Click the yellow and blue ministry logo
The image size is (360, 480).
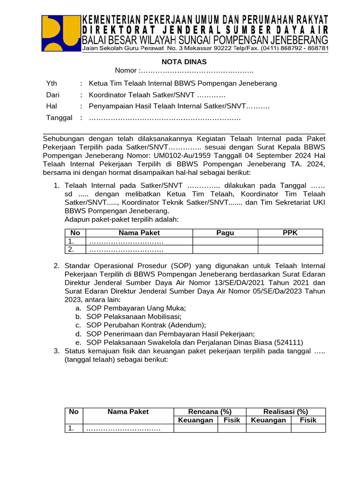pos(60,33)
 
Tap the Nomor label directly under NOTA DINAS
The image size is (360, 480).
pos(126,70)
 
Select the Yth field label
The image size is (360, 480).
pos(51,83)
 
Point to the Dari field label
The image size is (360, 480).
pos(52,95)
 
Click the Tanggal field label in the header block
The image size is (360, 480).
pos(59,118)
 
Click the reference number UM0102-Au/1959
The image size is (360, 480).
pos(177,156)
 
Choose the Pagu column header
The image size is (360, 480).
pos(225,233)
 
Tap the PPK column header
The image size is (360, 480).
pos(290,233)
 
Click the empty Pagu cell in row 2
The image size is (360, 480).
pos(225,249)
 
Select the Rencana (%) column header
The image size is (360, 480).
pos(210,412)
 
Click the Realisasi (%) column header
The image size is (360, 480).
pos(285,412)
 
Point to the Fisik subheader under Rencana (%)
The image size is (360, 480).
pos(232,420)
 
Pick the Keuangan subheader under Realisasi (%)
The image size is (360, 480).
pos(269,420)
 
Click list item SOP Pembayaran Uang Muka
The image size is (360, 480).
pos(136,308)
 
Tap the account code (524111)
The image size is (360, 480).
pos(288,342)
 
